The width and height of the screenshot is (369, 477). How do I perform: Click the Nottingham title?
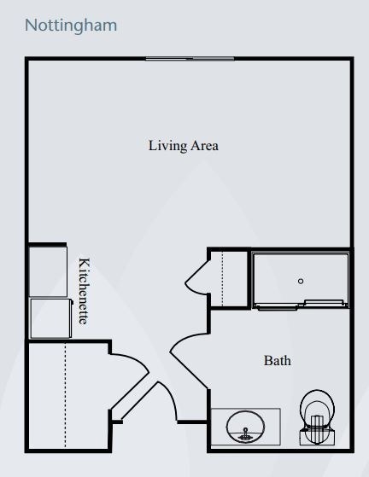point(71,26)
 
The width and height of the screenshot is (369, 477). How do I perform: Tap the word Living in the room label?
point(167,146)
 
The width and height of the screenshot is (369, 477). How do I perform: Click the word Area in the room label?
point(205,145)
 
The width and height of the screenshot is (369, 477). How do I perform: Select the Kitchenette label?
point(84,291)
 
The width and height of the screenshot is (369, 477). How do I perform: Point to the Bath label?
point(278,361)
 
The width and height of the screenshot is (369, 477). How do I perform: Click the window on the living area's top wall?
point(190,58)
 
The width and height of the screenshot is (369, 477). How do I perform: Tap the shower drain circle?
point(301,281)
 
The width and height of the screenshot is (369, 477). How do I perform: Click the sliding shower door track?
point(302,305)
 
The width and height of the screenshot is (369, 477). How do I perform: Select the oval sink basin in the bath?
point(245,427)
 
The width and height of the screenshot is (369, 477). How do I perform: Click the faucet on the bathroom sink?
point(245,434)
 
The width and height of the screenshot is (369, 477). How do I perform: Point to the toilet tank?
point(317,436)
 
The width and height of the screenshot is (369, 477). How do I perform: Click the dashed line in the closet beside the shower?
point(223,279)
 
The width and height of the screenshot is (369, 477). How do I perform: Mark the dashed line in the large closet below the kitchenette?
point(65,395)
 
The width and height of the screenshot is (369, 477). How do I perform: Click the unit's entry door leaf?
point(139,400)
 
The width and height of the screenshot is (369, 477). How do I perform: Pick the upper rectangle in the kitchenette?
point(48,271)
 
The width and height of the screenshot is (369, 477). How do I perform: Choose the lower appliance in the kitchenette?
point(51,318)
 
